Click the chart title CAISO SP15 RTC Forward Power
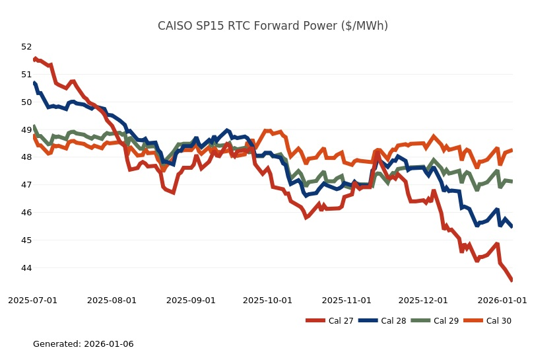[x=273, y=26]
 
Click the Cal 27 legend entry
[x=334, y=321]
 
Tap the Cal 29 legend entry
[x=440, y=321]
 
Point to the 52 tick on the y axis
[x=26, y=47]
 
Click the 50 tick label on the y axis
[x=26, y=102]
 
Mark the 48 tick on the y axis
[x=26, y=157]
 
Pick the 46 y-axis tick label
[x=26, y=213]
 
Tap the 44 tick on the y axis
[x=26, y=268]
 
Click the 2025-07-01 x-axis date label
[x=33, y=300]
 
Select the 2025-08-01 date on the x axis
[x=112, y=300]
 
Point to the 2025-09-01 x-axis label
[x=191, y=300]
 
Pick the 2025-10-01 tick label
[x=267, y=300]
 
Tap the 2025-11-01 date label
[x=346, y=300]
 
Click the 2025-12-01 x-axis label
[x=423, y=300]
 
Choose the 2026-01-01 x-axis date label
[x=502, y=300]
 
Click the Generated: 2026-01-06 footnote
[x=83, y=344]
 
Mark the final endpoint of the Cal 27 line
[x=512, y=281]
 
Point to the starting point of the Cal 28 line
[x=34, y=83]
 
